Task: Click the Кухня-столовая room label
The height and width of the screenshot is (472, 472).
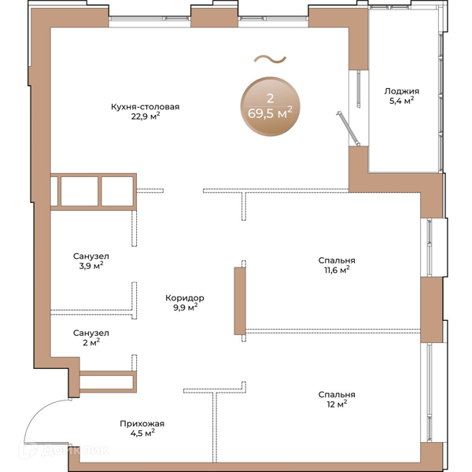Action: tap(145, 107)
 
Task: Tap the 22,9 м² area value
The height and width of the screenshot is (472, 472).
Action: tap(146, 116)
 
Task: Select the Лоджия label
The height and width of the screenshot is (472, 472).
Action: tap(401, 91)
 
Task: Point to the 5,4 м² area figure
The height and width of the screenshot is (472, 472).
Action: tap(401, 101)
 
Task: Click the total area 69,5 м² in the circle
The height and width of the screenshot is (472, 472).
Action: tap(270, 112)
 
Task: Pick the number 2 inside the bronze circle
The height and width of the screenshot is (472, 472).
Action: tap(270, 98)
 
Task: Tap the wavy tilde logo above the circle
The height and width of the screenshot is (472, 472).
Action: tap(270, 60)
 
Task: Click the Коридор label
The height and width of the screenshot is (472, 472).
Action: tap(185, 298)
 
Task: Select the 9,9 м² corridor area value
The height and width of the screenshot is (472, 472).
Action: tap(185, 308)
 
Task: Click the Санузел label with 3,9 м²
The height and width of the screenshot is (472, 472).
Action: tap(91, 256)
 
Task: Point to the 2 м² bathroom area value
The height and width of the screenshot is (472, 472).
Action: tap(91, 342)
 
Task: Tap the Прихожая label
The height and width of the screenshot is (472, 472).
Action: tap(142, 424)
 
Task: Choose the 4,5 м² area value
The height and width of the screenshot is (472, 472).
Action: tap(142, 433)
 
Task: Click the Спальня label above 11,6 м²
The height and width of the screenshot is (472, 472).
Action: tap(337, 260)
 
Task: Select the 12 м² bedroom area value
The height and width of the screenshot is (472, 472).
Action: tap(337, 404)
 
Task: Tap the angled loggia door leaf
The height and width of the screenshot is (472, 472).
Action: tap(348, 128)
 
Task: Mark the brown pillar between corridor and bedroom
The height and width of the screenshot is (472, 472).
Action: tap(240, 301)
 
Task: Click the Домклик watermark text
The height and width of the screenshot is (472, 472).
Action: tap(75, 450)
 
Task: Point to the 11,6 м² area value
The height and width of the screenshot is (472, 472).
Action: tap(337, 270)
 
